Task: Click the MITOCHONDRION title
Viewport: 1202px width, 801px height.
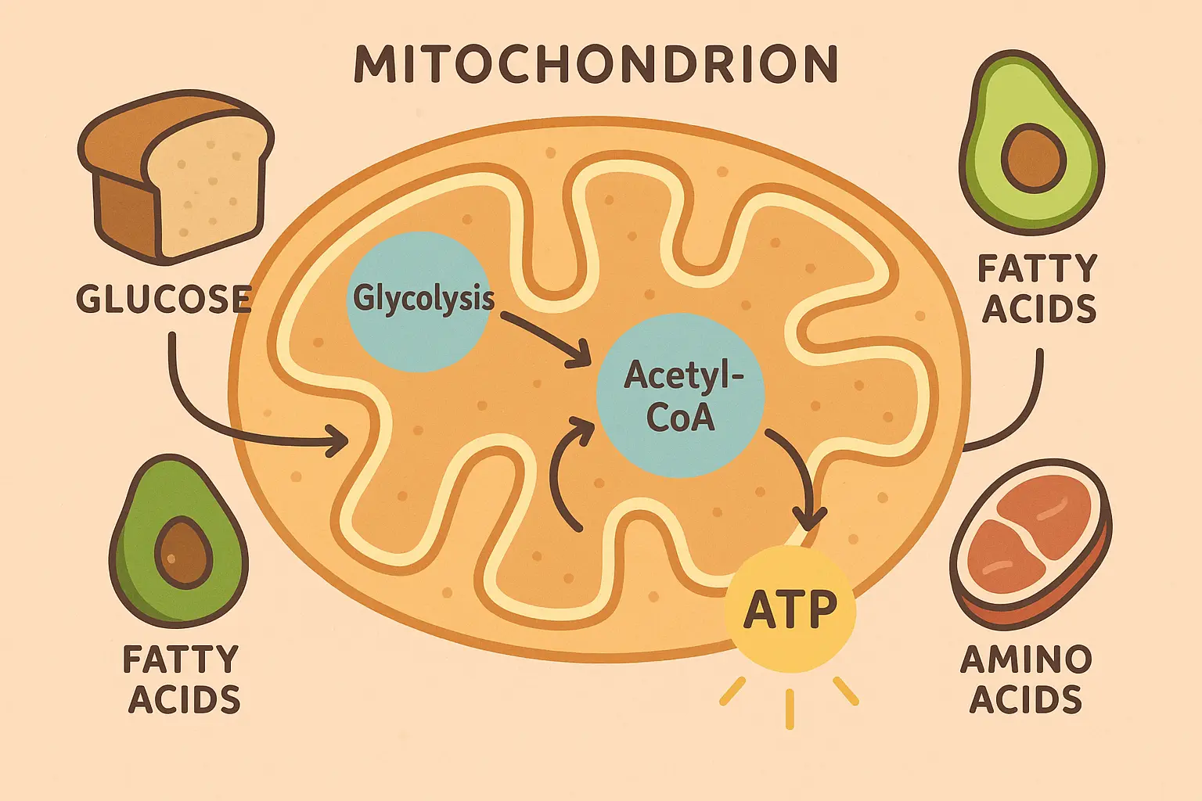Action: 596,64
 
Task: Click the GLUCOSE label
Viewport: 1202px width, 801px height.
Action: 163,300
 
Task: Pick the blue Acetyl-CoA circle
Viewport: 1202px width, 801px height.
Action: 679,395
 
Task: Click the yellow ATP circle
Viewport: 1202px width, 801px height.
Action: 790,610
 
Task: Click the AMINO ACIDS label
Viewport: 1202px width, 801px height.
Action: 1025,679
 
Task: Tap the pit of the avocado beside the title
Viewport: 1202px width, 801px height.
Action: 1034,159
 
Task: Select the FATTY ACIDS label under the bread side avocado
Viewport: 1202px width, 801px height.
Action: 182,679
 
